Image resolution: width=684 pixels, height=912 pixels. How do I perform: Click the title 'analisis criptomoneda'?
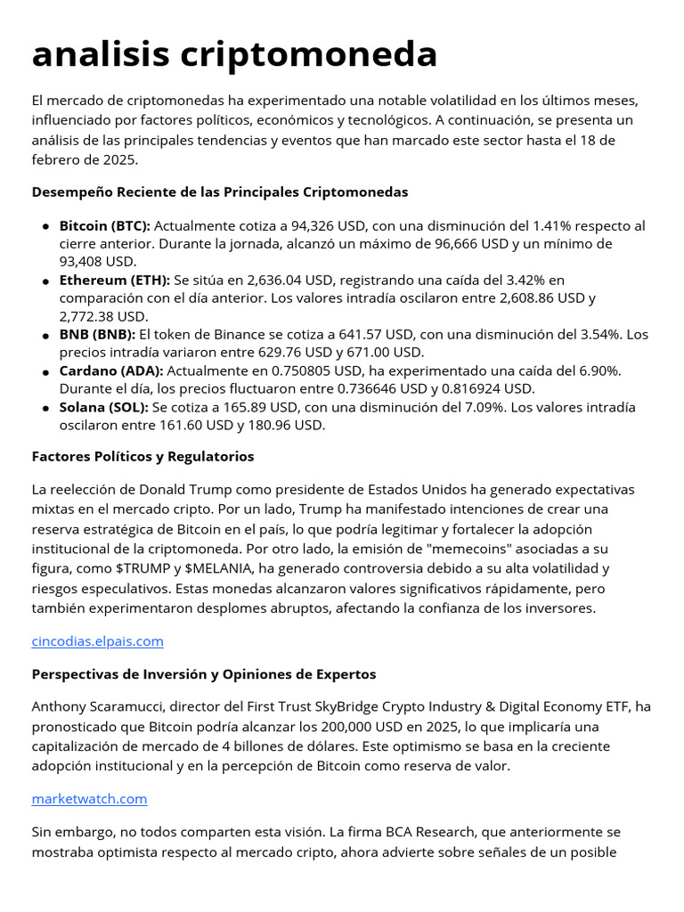click(x=234, y=55)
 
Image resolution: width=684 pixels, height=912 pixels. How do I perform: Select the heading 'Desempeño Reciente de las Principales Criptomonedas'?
click(x=219, y=192)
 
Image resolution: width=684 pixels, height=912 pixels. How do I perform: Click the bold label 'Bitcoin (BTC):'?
click(x=105, y=225)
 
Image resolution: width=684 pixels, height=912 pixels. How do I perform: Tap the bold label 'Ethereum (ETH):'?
click(x=115, y=281)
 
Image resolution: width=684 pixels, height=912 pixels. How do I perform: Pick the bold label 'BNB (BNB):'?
click(x=97, y=335)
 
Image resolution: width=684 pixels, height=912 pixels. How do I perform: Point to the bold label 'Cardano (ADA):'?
click(x=111, y=370)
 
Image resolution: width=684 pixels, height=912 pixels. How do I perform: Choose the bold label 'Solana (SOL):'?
click(x=104, y=407)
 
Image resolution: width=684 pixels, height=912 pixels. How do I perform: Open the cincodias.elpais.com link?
click(x=97, y=641)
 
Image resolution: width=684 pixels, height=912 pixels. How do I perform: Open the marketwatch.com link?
click(x=89, y=799)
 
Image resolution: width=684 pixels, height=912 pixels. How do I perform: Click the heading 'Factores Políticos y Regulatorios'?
click(x=142, y=457)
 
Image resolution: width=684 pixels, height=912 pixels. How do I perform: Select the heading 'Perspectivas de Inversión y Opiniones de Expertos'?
click(x=203, y=674)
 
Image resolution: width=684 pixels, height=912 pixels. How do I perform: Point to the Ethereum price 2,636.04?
click(x=257, y=281)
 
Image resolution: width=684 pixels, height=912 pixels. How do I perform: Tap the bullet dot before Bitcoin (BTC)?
click(x=45, y=226)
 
